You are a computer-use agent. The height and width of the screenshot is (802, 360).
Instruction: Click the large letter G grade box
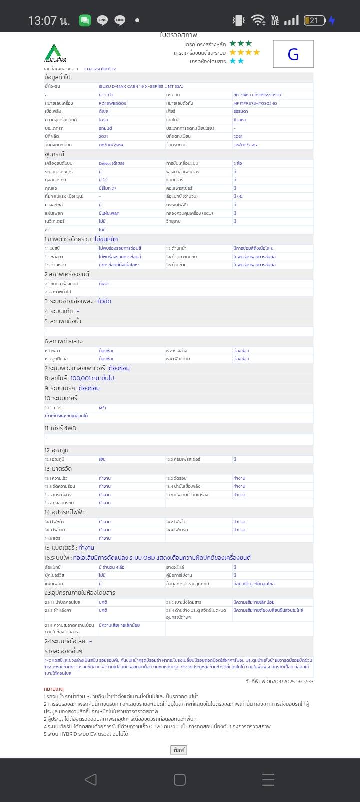[293, 54]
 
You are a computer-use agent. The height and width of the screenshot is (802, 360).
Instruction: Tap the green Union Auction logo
[55, 53]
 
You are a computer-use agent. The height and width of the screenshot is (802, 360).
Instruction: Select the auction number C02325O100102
[100, 69]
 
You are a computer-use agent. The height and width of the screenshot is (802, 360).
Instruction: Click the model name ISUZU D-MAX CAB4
[141, 86]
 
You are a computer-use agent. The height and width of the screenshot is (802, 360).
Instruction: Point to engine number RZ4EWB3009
[112, 103]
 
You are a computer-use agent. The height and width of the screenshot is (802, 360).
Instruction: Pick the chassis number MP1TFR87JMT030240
[255, 103]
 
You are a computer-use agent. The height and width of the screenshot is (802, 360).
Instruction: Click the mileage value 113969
[240, 120]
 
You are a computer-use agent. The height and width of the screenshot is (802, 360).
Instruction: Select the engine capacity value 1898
[103, 120]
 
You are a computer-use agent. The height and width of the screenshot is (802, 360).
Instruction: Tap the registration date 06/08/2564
[111, 145]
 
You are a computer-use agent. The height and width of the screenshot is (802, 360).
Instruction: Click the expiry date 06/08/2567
[245, 145]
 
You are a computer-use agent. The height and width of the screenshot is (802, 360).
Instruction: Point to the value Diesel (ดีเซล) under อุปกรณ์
[111, 163]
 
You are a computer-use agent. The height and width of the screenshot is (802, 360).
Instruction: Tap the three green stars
[241, 44]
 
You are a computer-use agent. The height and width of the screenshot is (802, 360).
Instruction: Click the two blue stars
[237, 61]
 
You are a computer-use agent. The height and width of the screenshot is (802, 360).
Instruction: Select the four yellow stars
[245, 52]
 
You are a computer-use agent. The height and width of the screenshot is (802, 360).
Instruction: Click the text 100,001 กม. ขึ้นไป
[92, 378]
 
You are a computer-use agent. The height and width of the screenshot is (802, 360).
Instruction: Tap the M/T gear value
[103, 408]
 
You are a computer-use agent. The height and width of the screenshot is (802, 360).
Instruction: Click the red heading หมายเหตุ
[54, 689]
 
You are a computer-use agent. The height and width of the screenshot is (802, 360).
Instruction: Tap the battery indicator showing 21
[314, 20]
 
